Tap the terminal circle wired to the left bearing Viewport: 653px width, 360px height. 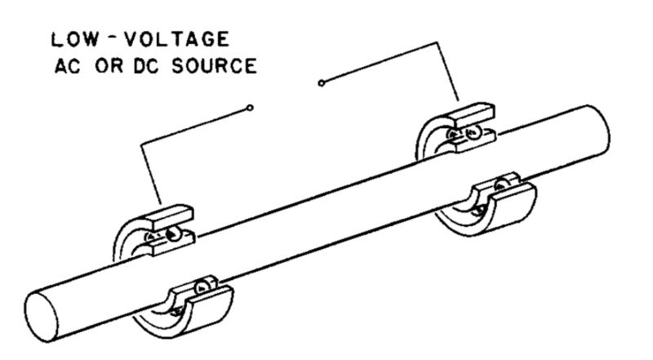250,107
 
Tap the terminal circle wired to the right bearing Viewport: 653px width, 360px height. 321,82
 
